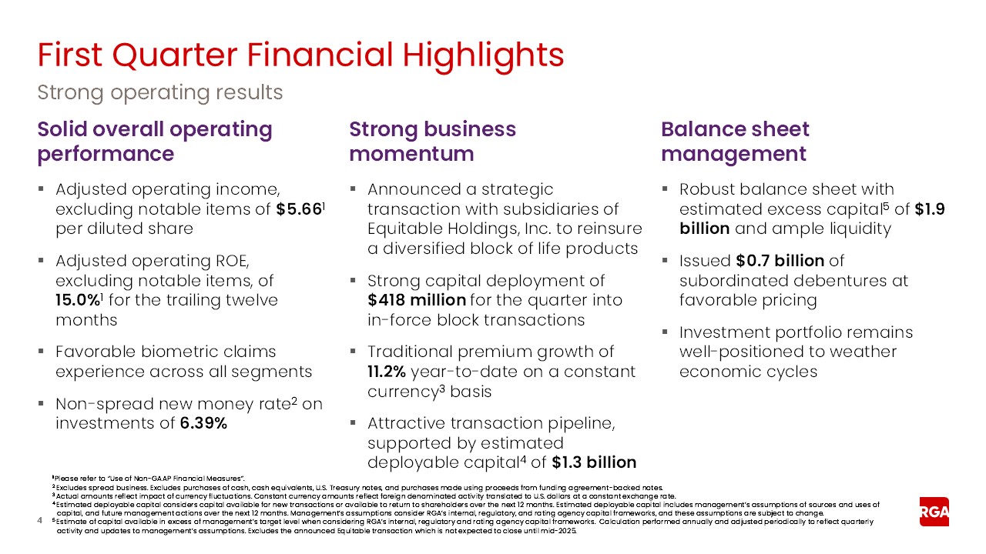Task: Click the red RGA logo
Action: pyautogui.click(x=934, y=512)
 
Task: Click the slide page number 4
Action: pyautogui.click(x=40, y=522)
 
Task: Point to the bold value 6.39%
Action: pyautogui.click(x=203, y=423)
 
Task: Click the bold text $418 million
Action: pyautogui.click(x=416, y=301)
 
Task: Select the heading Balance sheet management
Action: pyautogui.click(x=735, y=142)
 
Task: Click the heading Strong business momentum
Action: pyautogui.click(x=432, y=142)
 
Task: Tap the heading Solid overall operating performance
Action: pyautogui.click(x=154, y=142)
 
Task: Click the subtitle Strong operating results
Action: pyautogui.click(x=160, y=92)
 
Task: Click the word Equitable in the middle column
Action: pyautogui.click(x=407, y=229)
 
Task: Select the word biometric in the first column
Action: pyautogui.click(x=173, y=352)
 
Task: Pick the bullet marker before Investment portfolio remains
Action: pyautogui.click(x=666, y=333)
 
